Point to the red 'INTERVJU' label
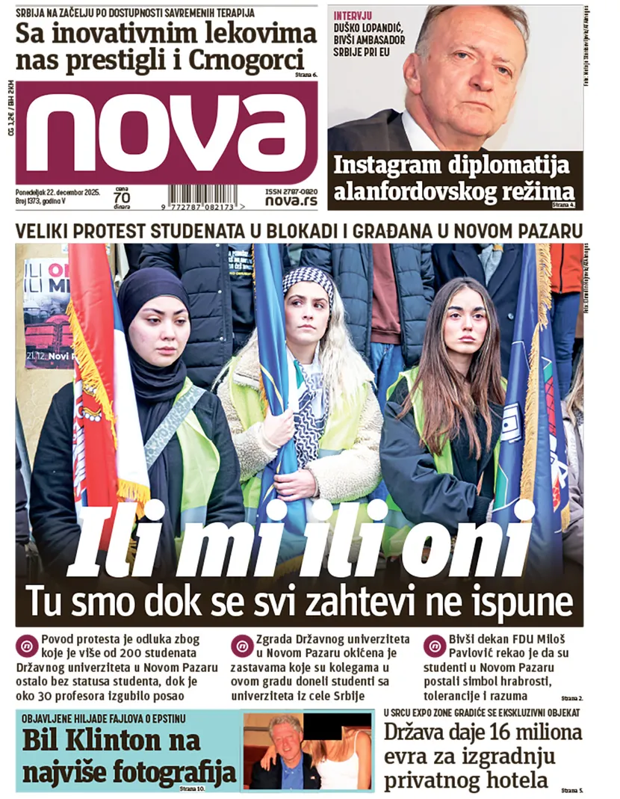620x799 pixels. coord(354,15)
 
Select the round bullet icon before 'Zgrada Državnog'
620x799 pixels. coord(242,645)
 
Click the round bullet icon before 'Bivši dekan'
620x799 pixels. coord(434,645)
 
